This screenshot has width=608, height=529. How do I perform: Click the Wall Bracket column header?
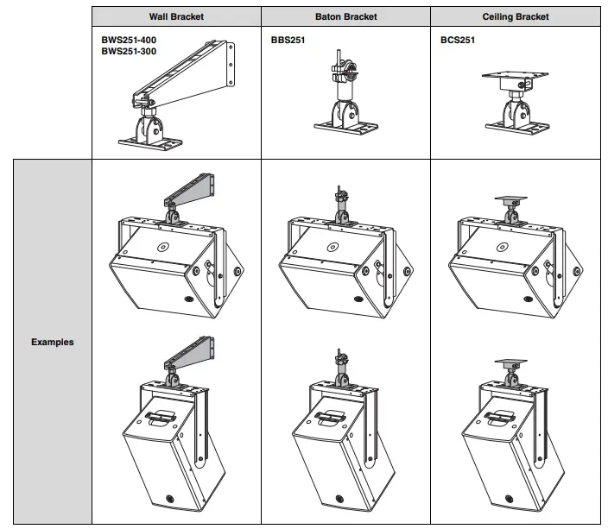pyautogui.click(x=176, y=17)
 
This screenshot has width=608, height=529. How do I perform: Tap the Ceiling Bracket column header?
pyautogui.click(x=516, y=17)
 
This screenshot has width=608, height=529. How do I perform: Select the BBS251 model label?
pyautogui.click(x=288, y=40)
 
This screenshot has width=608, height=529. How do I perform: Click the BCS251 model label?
pyautogui.click(x=457, y=40)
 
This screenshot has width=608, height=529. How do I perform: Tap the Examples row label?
pyautogui.click(x=53, y=342)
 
